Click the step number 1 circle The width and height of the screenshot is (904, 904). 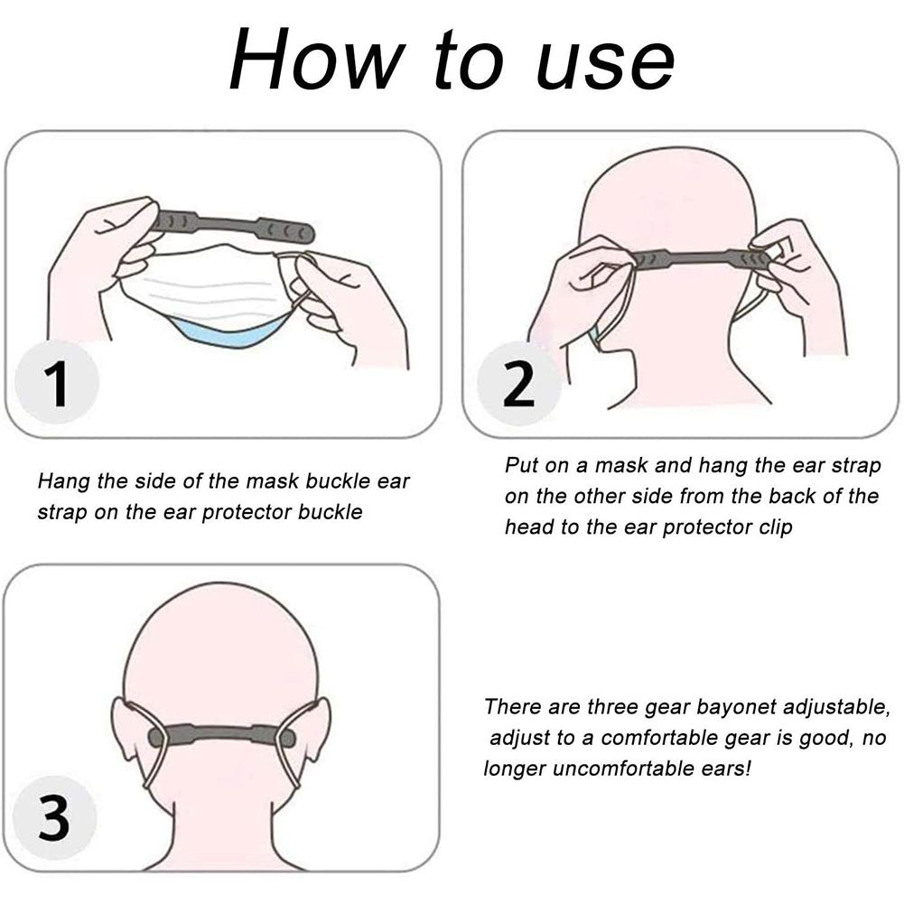pyautogui.click(x=59, y=382)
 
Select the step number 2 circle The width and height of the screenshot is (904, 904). pyautogui.click(x=517, y=383)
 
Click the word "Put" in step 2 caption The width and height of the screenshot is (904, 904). pyautogui.click(x=521, y=466)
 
